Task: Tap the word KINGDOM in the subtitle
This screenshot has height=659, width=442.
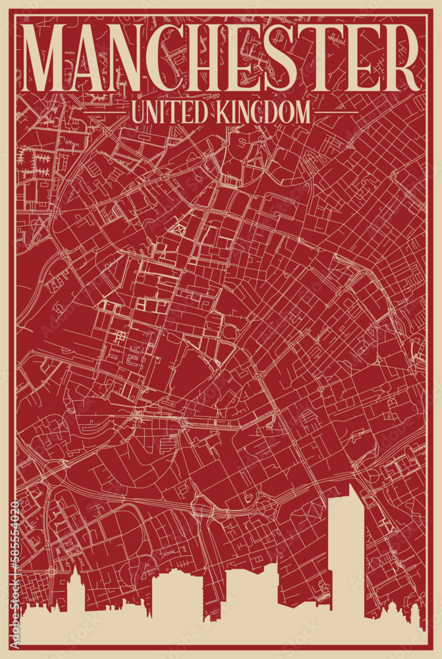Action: tap(260, 112)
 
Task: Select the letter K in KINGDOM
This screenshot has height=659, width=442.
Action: tap(219, 112)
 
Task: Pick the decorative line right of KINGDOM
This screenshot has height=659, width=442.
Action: tap(336, 113)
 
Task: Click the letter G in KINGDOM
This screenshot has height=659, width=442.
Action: tap(254, 112)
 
